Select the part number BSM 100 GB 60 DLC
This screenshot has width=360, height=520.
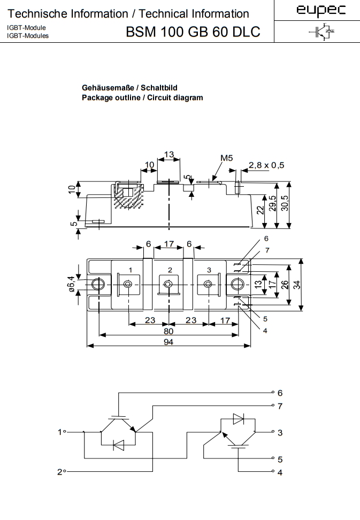[x=193, y=32]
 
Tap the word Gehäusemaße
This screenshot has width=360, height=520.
[x=107, y=87]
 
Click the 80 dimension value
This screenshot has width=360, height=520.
[x=168, y=331]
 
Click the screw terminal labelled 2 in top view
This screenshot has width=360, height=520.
[x=168, y=284]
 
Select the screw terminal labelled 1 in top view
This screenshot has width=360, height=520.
[x=128, y=284]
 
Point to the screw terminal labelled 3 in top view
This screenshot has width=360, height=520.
[x=208, y=284]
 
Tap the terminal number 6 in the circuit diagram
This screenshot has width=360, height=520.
[x=280, y=393]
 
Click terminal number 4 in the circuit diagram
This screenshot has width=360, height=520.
[x=280, y=473]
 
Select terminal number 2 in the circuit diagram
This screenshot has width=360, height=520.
[x=59, y=472]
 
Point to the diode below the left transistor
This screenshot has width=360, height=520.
[x=118, y=445]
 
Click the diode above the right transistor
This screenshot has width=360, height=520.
[x=238, y=418]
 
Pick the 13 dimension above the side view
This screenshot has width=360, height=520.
[x=168, y=155]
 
